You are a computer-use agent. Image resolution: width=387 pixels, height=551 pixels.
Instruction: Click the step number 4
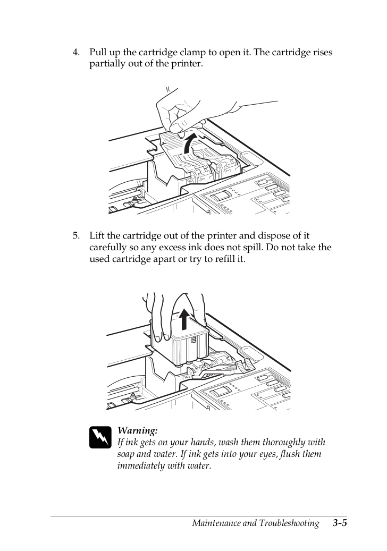pos(76,53)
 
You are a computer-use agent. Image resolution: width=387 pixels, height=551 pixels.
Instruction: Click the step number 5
pos(76,235)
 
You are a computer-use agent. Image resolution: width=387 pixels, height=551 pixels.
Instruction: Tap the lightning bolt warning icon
pos(100,437)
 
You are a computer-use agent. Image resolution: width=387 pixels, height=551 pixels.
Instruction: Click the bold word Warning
pos(138,430)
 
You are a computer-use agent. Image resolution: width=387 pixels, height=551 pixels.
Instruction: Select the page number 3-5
pos(340,523)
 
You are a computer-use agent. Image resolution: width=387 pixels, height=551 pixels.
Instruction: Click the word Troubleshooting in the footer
pos(289,523)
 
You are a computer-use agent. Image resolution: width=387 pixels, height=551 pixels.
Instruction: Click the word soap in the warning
pos(125,454)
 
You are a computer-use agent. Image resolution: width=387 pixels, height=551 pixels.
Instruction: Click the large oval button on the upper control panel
pos(221,196)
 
